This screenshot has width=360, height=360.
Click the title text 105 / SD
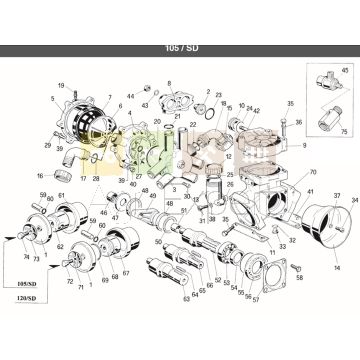[179, 47]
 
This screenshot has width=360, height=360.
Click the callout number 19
[61, 85]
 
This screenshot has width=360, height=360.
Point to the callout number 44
[131, 96]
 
